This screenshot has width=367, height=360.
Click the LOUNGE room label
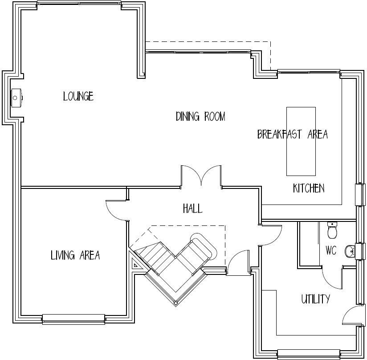78,96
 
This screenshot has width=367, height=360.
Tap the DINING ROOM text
200,117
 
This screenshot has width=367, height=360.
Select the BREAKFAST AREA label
293,134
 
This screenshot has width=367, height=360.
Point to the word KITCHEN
309,188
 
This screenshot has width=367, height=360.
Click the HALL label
192,208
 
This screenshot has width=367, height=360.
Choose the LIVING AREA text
75,255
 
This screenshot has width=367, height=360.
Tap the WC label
331,251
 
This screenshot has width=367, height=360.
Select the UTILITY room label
315,299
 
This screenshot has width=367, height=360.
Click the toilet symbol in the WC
332,230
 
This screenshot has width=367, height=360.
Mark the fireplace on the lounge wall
17,97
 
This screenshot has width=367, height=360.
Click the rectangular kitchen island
301,141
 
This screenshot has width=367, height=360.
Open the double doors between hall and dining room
201,176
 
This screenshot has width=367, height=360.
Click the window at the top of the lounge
79,4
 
